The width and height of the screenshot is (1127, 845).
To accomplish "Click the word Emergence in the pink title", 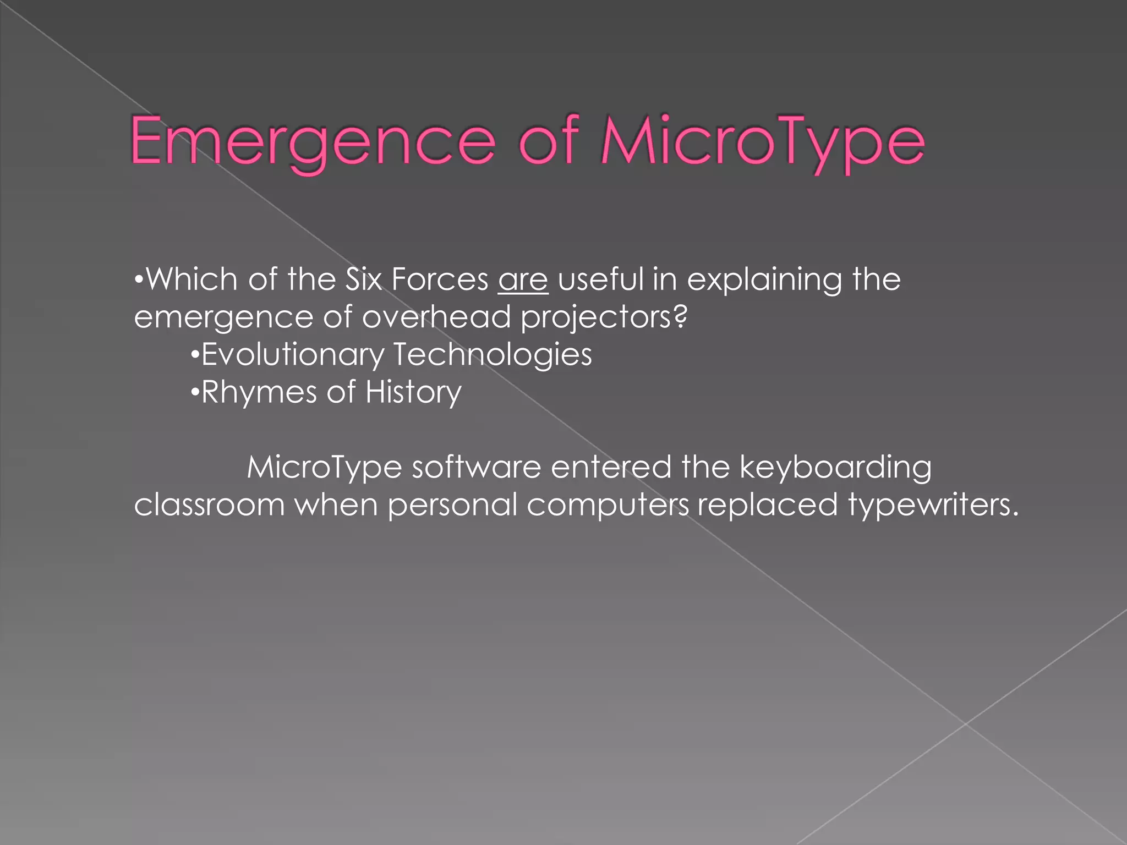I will (313, 141).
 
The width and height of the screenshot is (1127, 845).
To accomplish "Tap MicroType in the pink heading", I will (763, 141).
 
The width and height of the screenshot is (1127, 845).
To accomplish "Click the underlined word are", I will (523, 279).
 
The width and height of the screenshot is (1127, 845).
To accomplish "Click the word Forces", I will (440, 279).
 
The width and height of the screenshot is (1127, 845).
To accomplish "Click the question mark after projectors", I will (681, 317).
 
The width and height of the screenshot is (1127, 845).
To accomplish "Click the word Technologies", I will (493, 355).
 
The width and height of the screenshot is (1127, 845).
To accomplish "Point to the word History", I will (413, 392).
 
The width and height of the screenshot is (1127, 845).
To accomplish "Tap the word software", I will (477, 467).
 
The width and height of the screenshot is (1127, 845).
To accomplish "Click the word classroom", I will (209, 504).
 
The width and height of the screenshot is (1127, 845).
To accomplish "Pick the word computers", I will (608, 506).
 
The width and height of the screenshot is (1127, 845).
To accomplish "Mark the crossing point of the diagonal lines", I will (965, 724).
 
